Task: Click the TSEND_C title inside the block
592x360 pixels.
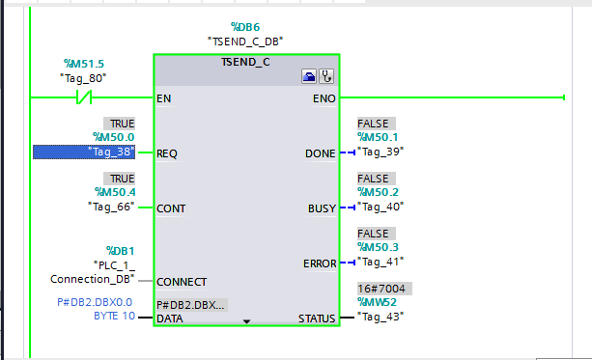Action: [246, 62]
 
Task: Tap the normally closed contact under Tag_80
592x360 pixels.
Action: [83, 97]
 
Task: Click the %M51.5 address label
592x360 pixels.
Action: [85, 63]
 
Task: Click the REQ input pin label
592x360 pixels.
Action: [167, 152]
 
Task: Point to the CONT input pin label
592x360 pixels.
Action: [170, 208]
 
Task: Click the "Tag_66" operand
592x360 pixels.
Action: [110, 207]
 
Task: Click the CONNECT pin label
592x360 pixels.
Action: [182, 282]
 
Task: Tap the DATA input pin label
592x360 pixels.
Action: [170, 318]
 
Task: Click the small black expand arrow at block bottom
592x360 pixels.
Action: [246, 320]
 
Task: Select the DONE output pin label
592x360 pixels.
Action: [319, 153]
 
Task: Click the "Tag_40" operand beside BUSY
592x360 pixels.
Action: [380, 207]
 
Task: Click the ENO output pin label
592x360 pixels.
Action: [324, 98]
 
